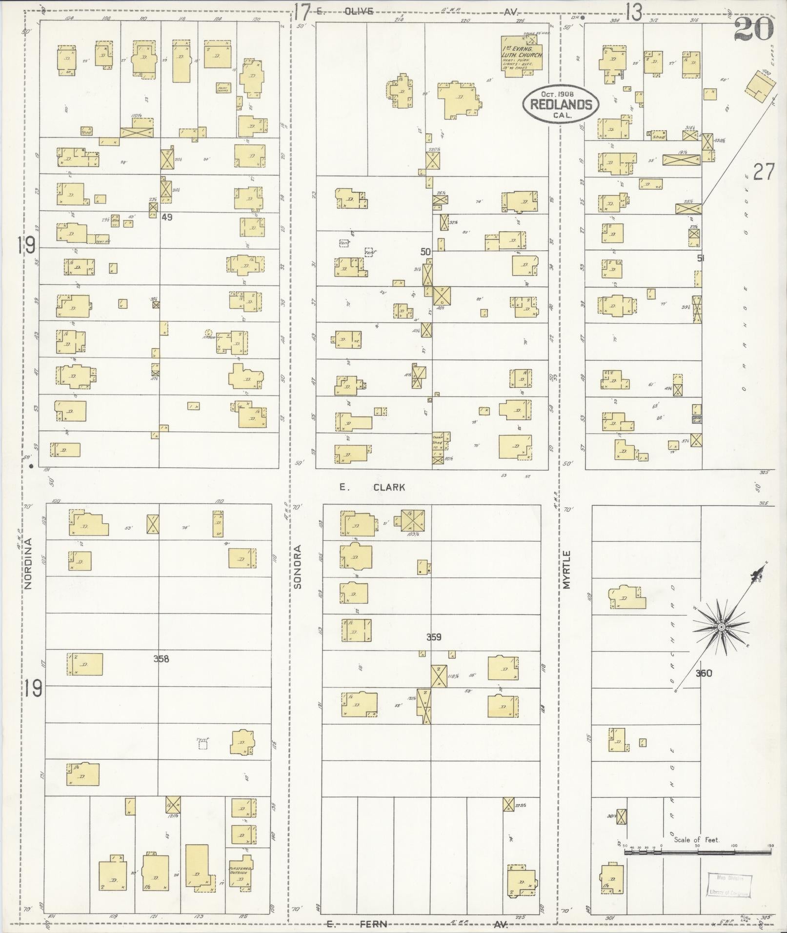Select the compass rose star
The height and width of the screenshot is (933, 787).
[x=721, y=626]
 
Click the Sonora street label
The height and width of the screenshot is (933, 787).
[x=298, y=566]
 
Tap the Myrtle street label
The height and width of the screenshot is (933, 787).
[x=566, y=570]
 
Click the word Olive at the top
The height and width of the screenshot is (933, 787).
[x=359, y=11]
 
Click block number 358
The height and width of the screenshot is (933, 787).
[x=161, y=659]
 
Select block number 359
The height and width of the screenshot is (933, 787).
[x=434, y=636]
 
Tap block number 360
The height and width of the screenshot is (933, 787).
[x=704, y=674]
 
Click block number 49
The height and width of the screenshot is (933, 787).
[x=167, y=218]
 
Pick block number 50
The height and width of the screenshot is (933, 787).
[x=425, y=252]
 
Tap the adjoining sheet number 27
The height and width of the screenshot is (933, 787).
[x=763, y=172]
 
